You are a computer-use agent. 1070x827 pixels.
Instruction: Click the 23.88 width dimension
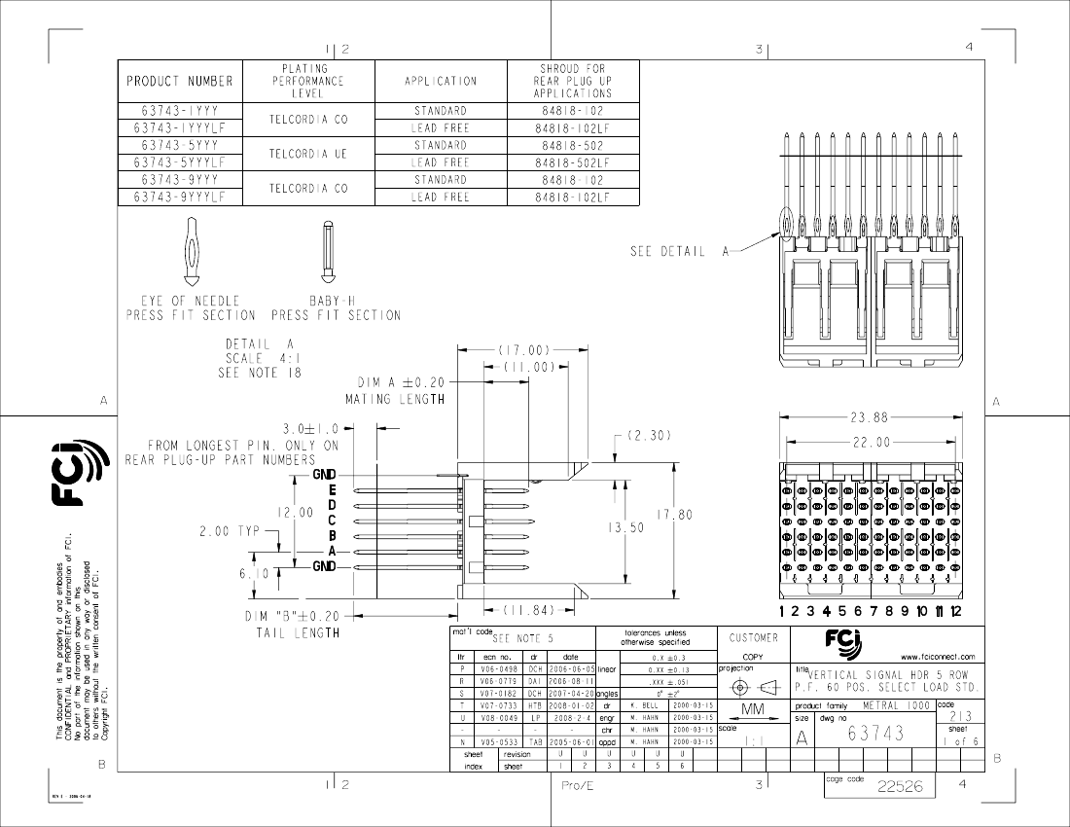click(870, 418)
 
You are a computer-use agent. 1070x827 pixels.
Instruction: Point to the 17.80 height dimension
click(674, 515)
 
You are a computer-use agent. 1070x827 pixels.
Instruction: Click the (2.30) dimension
click(648, 436)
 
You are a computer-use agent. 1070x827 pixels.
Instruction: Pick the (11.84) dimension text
click(528, 610)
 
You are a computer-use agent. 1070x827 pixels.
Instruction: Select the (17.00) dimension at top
click(525, 350)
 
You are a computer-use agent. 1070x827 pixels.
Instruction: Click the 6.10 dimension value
click(255, 573)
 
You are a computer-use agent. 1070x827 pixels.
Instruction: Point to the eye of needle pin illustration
click(192, 251)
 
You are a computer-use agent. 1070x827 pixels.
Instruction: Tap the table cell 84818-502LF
click(573, 162)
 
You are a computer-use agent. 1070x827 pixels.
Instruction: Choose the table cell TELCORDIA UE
click(308, 154)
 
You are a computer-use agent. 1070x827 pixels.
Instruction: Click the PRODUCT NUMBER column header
click(180, 81)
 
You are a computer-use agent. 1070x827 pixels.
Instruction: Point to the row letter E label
click(332, 489)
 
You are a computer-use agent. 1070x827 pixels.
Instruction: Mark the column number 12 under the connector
click(955, 611)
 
